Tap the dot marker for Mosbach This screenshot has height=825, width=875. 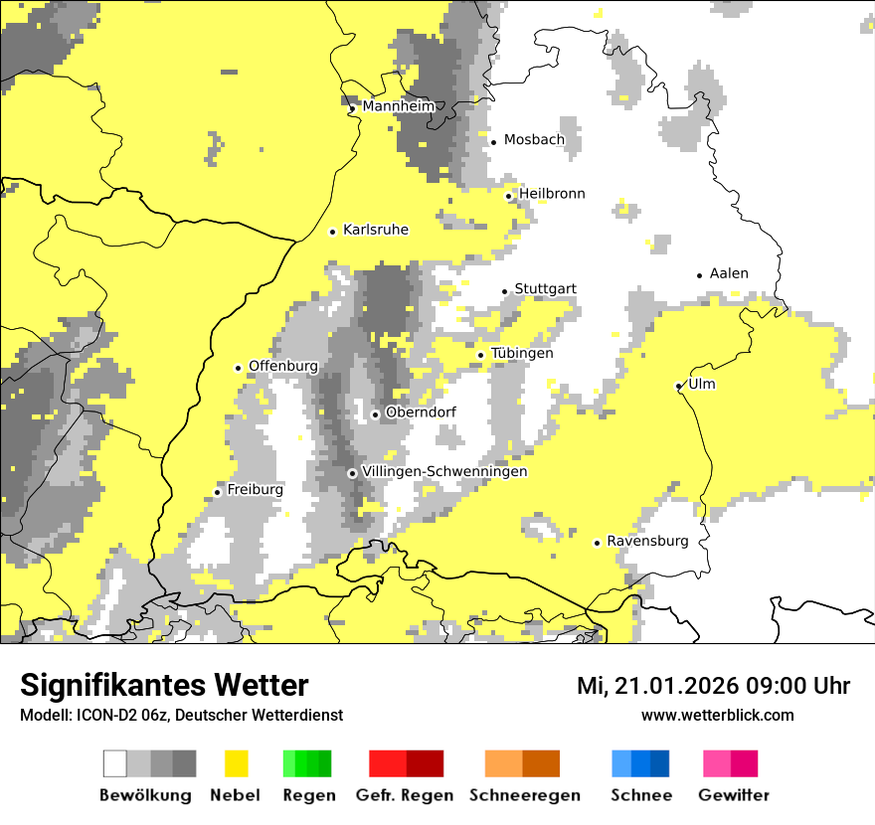click(493, 141)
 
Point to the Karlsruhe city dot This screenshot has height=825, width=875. click(333, 232)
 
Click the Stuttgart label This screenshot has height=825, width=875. click(545, 289)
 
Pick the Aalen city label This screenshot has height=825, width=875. click(729, 273)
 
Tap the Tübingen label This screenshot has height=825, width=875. click(522, 353)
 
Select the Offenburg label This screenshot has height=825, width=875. click(283, 366)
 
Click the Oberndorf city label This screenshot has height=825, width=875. click(421, 412)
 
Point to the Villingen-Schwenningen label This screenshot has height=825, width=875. click(444, 471)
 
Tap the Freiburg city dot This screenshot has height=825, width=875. click(218, 492)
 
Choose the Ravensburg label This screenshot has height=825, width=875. click(647, 541)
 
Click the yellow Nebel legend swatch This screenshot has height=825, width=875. click(236, 763)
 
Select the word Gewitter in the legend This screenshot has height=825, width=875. click(734, 795)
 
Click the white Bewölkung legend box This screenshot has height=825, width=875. click(115, 763)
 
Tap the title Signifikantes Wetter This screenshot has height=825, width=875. click(164, 685)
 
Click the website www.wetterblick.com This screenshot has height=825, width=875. click(717, 715)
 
